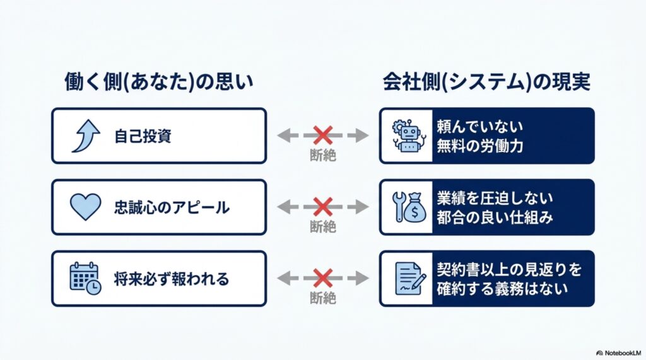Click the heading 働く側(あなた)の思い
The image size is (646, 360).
pos(159,81)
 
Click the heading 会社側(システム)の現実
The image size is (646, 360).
pos(486,81)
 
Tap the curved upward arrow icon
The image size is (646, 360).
pos(86,136)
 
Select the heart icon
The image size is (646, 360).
pos(85,207)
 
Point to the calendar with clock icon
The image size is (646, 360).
pos(85,279)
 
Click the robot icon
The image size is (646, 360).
pos(409,136)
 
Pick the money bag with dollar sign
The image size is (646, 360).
pos(414,208)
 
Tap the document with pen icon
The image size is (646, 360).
pos(410,279)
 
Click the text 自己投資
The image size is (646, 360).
pos(143,136)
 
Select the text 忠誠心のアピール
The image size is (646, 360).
pos(172,207)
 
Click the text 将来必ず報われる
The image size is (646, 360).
pos(172,279)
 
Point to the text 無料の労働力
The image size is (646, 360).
pos(480,146)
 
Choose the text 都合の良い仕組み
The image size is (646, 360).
pos(495,217)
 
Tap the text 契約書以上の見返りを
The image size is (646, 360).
pos(509,269)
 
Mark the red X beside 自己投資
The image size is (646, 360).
pos(323,136)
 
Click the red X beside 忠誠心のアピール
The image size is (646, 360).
pos(323,207)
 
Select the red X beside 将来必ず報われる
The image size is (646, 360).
pos(323,278)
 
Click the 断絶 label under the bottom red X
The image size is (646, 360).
pos(323,298)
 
